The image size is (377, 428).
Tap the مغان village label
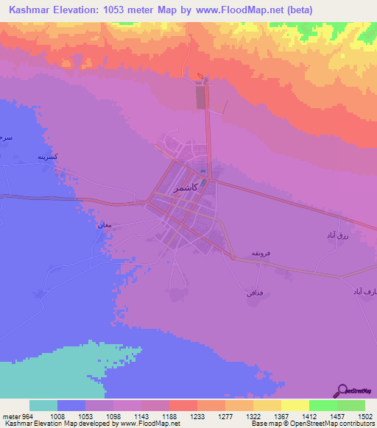click(x=103, y=225)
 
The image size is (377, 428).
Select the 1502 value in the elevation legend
click(x=356, y=415)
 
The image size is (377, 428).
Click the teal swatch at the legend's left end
click(x=43, y=405)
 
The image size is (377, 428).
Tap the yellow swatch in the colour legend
click(x=295, y=405)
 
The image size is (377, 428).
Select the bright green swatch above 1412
click(x=323, y=405)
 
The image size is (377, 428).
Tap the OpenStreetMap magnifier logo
click(x=342, y=390)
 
